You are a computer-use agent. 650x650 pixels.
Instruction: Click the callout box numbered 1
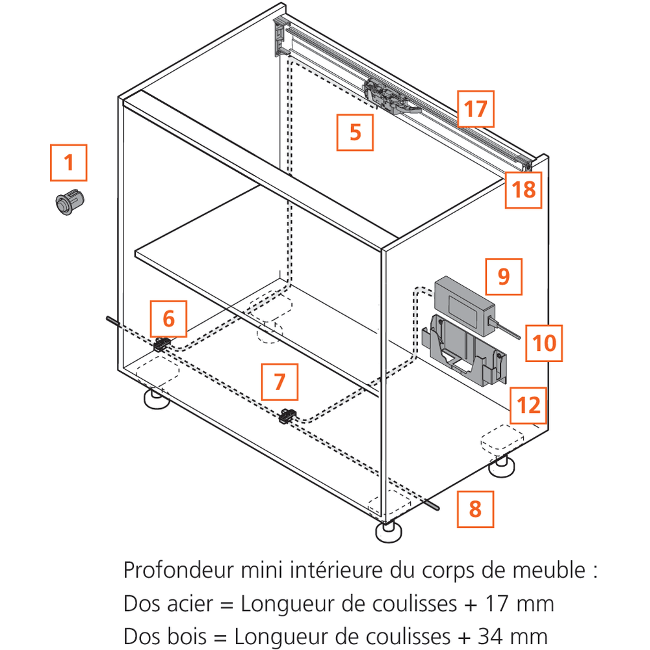tap(69, 162)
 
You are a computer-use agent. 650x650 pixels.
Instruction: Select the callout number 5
tap(355, 132)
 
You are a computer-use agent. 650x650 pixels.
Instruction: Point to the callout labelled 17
tap(475, 109)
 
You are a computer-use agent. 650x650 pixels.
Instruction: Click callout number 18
tap(524, 189)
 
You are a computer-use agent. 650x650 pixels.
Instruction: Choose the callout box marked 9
tap(503, 276)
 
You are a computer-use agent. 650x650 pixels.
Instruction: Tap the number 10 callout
tap(544, 343)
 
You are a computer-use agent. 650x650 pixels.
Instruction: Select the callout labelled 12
tap(527, 406)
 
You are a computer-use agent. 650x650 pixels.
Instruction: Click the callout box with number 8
tap(475, 508)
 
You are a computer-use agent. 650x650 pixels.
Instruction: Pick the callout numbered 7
tap(279, 382)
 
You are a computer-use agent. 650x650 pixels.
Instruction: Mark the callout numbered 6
tap(168, 319)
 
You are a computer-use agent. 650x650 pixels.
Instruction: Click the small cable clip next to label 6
tap(162, 344)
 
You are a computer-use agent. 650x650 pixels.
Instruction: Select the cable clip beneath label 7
tap(287, 416)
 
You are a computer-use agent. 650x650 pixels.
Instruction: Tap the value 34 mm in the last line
tap(513, 636)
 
